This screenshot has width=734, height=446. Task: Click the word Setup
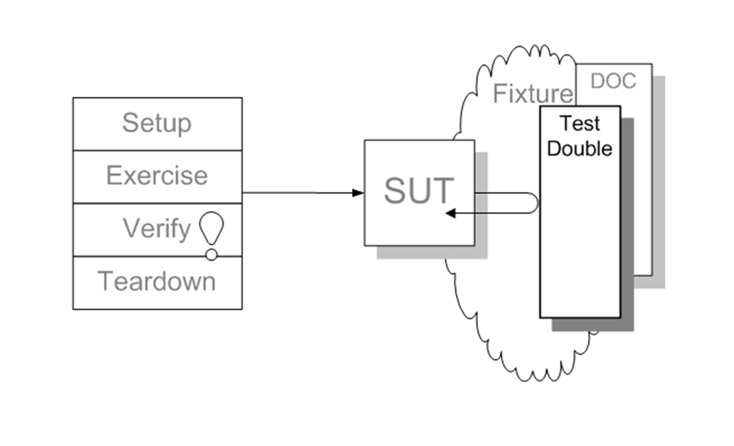coord(156,123)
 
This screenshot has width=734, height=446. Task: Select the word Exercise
coord(156,176)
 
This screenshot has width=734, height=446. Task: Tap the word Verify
coord(156,229)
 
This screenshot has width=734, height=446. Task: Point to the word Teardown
coord(157,282)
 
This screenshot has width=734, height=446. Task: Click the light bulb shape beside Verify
coord(211,228)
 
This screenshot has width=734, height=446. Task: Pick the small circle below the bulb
coord(211,254)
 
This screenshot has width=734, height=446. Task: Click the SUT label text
coord(418,191)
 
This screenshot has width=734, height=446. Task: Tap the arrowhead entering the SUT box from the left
coord(358,193)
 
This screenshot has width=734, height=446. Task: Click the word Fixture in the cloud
coord(533,94)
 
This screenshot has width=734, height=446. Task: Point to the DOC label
coord(614,82)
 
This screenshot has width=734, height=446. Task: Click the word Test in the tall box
coord(580,124)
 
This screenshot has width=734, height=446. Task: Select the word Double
coord(580,149)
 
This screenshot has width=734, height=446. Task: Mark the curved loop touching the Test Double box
coord(535,203)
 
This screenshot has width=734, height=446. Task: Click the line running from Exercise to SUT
coord(297,193)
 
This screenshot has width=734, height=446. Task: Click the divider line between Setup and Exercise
coord(157,150)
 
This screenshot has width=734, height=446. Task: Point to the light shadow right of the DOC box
coord(659,186)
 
